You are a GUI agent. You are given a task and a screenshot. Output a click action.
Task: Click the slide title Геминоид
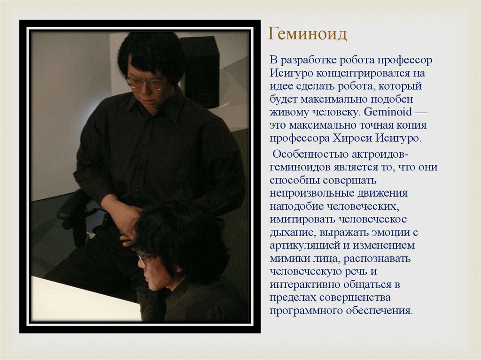pyautogui.click(x=307, y=34)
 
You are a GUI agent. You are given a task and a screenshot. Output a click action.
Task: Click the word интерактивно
pyautogui.click(x=301, y=284)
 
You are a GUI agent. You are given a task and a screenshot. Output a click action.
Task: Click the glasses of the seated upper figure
pyautogui.click(x=146, y=83)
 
